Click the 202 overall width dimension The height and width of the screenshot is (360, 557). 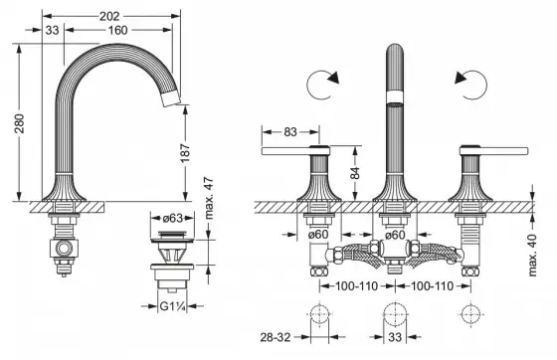coord(109,16)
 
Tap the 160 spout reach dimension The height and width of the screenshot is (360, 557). coord(117,30)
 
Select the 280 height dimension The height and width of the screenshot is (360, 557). coord(20,123)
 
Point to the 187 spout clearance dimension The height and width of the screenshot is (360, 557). coord(185,153)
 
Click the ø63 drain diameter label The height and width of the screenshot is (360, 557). coord(172,218)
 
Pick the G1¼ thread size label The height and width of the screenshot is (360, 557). coord(173,306)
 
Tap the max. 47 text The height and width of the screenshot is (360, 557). coord(209,197)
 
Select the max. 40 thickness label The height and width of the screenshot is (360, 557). coord(532,255)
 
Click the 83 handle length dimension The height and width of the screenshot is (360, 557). coord(290,132)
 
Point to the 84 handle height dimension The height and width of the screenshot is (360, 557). coord(354,173)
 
